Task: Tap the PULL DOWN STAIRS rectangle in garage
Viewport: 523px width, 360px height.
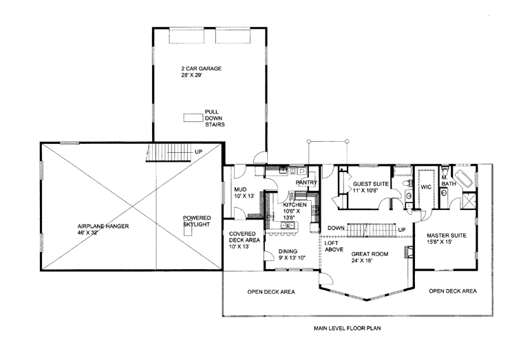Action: pyautogui.click(x=193, y=118)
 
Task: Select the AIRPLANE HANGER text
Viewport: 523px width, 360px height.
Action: pyautogui.click(x=103, y=226)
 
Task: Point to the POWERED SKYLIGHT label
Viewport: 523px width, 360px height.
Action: pyautogui.click(x=197, y=221)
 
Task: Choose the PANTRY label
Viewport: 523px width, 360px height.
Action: pyautogui.click(x=306, y=182)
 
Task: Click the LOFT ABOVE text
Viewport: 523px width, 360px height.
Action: pyautogui.click(x=334, y=246)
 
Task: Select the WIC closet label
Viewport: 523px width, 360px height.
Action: pyautogui.click(x=426, y=187)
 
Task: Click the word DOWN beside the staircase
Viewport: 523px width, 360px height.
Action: pyautogui.click(x=336, y=229)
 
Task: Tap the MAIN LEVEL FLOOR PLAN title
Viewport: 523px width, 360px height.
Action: pyautogui.click(x=348, y=328)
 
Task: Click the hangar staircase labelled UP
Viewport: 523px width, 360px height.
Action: pyautogui.click(x=169, y=153)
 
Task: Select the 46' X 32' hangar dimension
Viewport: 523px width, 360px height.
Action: pyautogui.click(x=87, y=233)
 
